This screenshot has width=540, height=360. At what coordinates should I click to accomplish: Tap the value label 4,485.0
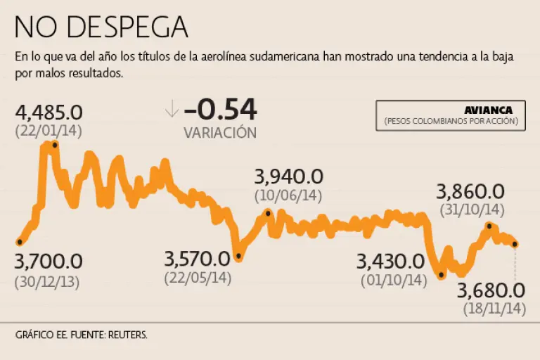pyautogui.click(x=49, y=112)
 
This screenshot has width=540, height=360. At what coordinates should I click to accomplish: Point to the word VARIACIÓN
pyautogui.click(x=220, y=132)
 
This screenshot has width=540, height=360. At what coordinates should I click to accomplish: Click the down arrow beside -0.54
pyautogui.click(x=171, y=110)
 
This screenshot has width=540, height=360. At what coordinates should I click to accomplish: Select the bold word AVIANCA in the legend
pyautogui.click(x=488, y=110)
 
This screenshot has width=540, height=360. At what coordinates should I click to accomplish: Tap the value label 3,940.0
pyautogui.click(x=288, y=176)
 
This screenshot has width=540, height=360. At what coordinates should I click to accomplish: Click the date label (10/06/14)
pyautogui.click(x=288, y=195)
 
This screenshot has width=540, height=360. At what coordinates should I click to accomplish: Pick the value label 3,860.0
pyautogui.click(x=471, y=191)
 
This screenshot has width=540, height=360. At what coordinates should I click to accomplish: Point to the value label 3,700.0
pyautogui.click(x=48, y=262)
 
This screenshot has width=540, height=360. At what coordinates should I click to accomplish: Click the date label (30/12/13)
pyautogui.click(x=48, y=282)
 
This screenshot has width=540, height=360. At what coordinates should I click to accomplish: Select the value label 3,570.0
pyautogui.click(x=197, y=259)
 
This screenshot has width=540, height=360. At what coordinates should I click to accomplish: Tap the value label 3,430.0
pyautogui.click(x=390, y=262)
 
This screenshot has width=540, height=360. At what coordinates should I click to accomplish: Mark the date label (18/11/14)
pyautogui.click(x=494, y=308)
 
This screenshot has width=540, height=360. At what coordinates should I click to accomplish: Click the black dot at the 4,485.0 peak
pyautogui.click(x=55, y=145)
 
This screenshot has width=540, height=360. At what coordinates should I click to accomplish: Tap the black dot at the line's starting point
pyautogui.click(x=19, y=243)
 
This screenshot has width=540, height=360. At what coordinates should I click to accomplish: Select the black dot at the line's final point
pyautogui.click(x=515, y=244)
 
